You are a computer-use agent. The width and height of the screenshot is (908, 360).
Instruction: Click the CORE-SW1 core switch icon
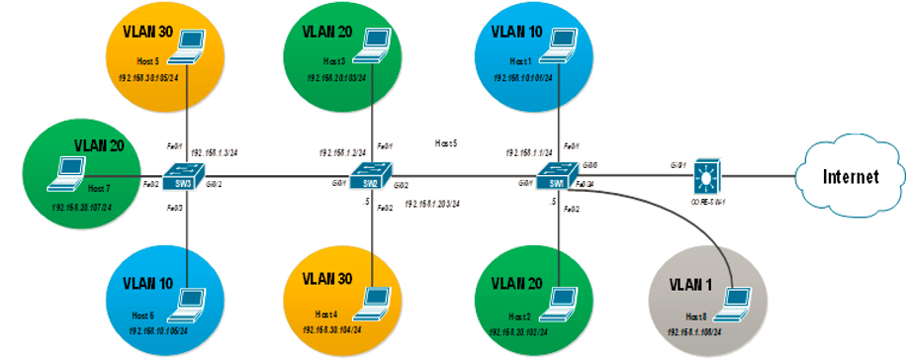click(x=706, y=175)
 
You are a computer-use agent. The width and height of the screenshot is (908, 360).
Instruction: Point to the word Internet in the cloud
click(x=850, y=178)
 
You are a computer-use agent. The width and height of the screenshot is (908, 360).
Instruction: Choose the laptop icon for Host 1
click(x=560, y=42)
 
